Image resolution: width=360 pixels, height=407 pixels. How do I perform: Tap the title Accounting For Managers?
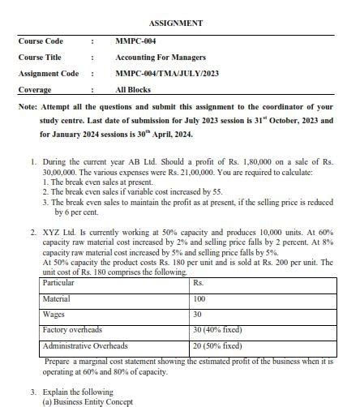[161, 58]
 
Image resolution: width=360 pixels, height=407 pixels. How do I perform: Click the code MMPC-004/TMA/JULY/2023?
[167, 74]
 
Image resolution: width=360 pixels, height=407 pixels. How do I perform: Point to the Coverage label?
[35, 90]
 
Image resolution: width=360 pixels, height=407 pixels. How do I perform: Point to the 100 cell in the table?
[199, 299]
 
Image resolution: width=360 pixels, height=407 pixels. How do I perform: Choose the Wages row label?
[54, 315]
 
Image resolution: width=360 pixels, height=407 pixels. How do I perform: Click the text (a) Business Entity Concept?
[92, 401]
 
